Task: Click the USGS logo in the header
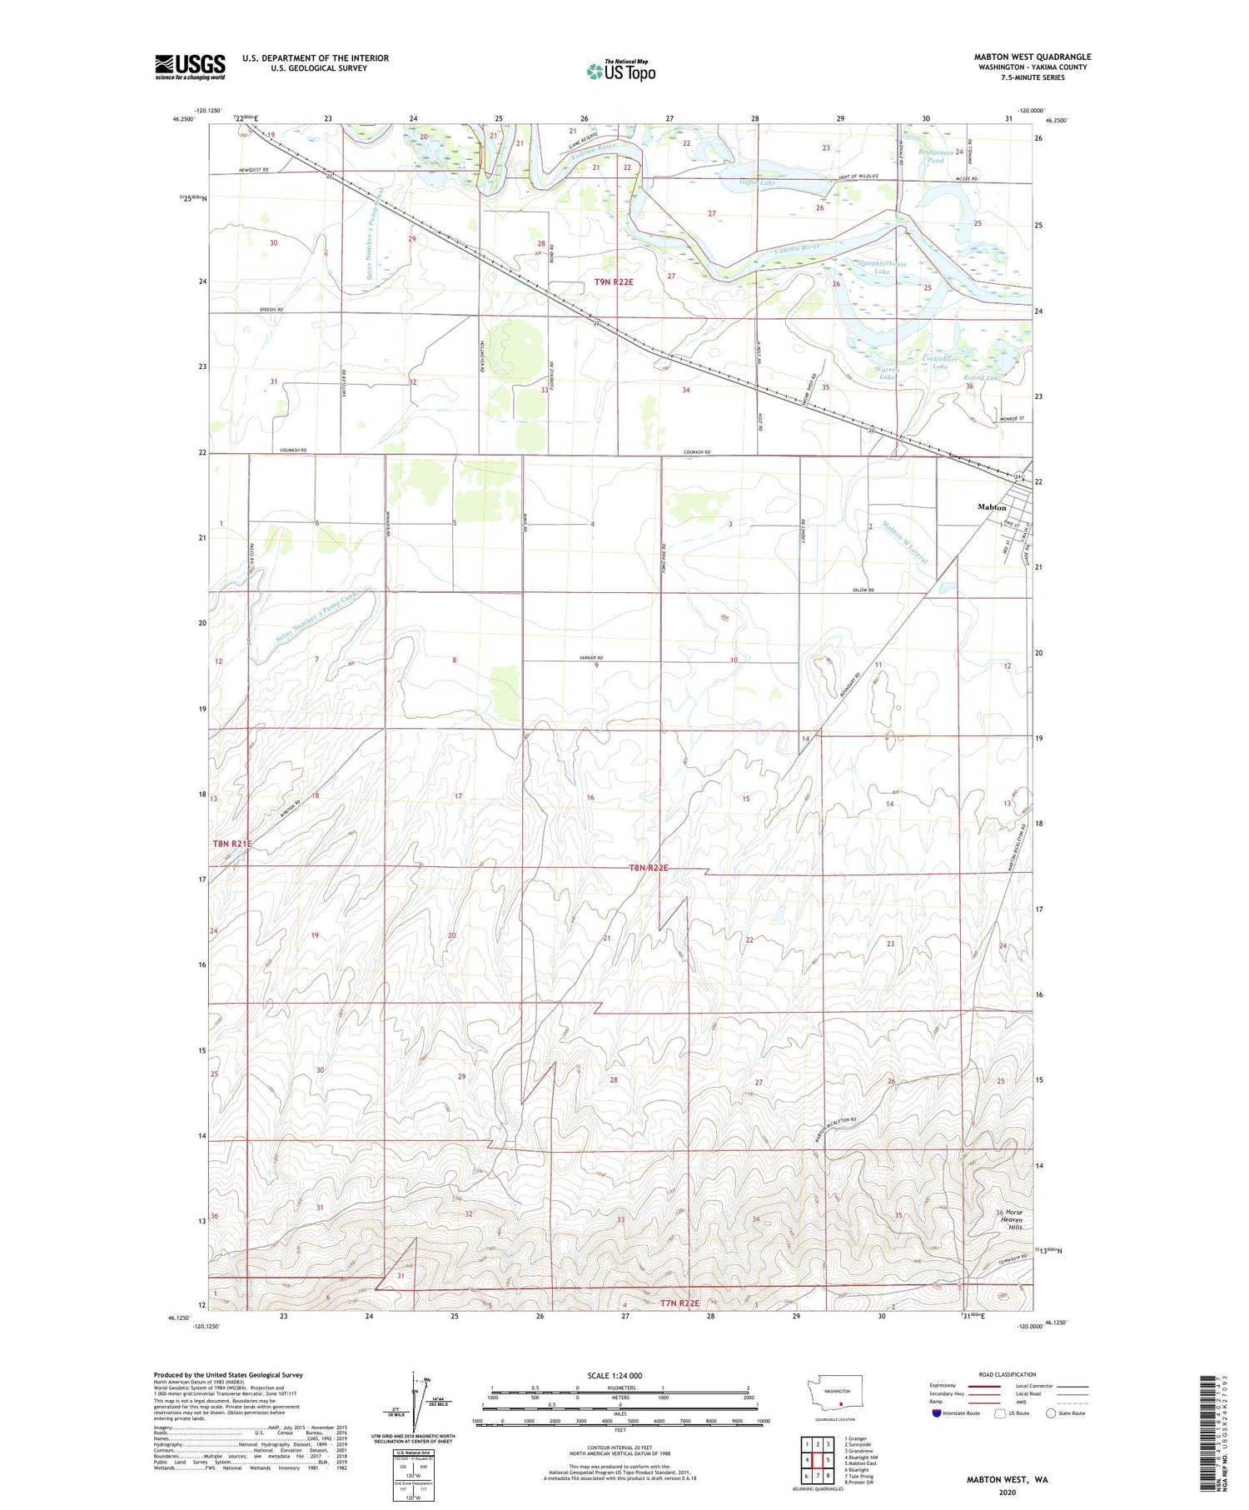tap(190, 67)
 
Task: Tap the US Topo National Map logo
tap(620, 71)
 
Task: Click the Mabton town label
tap(991, 507)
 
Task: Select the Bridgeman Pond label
tap(935, 156)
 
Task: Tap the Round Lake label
tap(983, 378)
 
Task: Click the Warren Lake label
tap(887, 372)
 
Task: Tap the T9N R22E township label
tap(614, 282)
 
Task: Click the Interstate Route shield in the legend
tap(936, 1413)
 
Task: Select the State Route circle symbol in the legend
tap(1052, 1413)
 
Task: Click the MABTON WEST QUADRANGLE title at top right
tap(1032, 57)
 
